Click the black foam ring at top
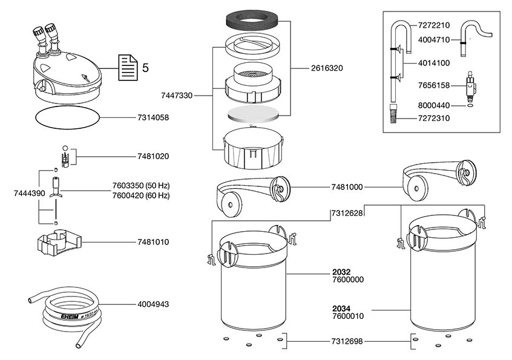pyautogui.click(x=251, y=23)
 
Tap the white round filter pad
pyautogui.click(x=254, y=114)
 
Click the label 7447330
pyautogui.click(x=177, y=95)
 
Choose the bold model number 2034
pyautogui.click(x=341, y=307)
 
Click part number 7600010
pyautogui.click(x=347, y=316)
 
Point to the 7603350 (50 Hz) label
pyautogui.click(x=141, y=186)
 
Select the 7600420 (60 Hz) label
pyautogui.click(x=141, y=195)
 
